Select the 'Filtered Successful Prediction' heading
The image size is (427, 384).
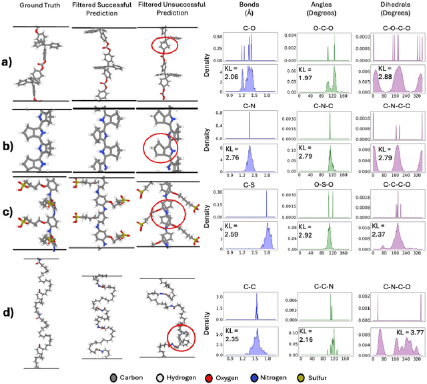pos(98,10)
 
